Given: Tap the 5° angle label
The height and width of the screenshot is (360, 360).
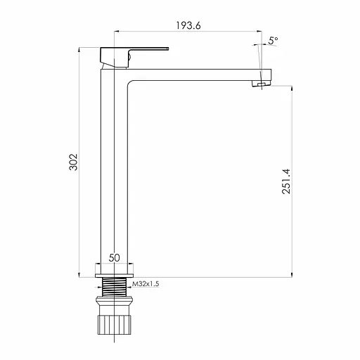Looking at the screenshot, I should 273,41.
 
